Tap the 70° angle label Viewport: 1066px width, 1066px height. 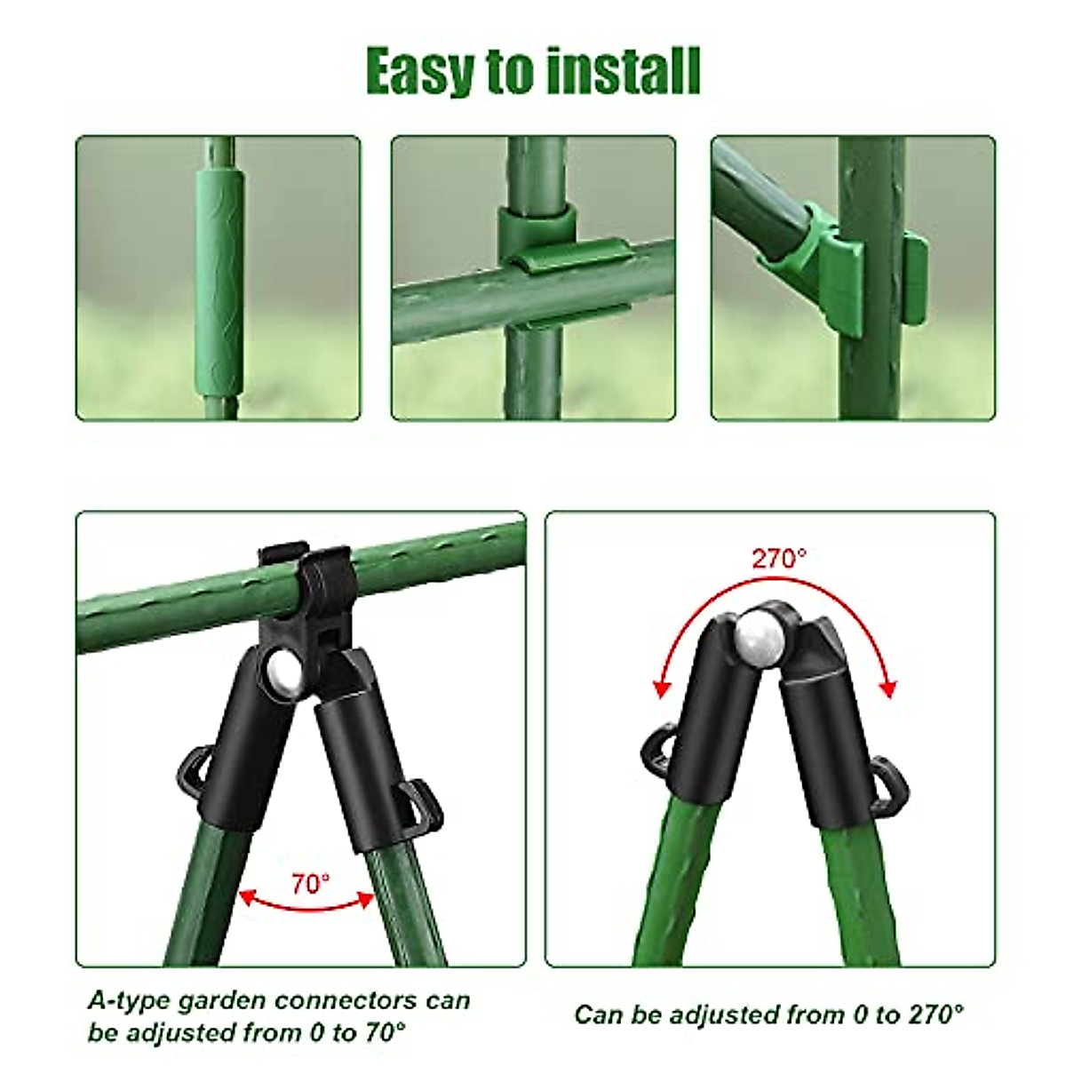(310, 884)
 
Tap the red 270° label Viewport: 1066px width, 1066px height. (779, 559)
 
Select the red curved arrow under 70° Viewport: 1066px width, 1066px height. (307, 904)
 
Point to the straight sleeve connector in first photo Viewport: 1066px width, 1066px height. (219, 278)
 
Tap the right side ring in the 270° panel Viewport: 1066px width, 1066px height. (891, 779)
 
